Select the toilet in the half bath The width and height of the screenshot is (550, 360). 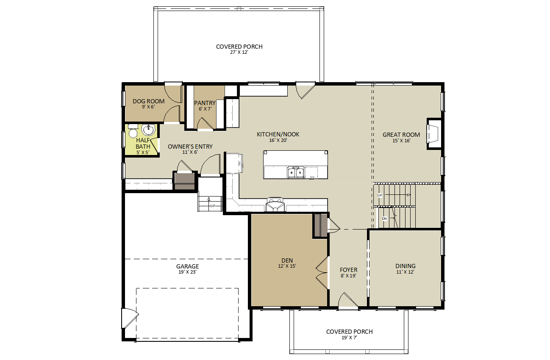(133, 131)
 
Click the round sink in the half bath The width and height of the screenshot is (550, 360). (148, 130)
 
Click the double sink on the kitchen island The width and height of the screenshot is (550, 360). (296, 172)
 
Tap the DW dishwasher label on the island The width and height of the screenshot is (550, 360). (312, 177)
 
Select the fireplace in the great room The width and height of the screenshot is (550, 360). (433, 134)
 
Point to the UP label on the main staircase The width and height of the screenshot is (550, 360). (380, 195)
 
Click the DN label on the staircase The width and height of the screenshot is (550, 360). (384, 219)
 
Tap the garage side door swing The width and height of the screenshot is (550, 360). (131, 318)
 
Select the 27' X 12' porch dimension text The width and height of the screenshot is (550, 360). (239, 52)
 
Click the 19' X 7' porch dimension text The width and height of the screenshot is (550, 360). (349, 338)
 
